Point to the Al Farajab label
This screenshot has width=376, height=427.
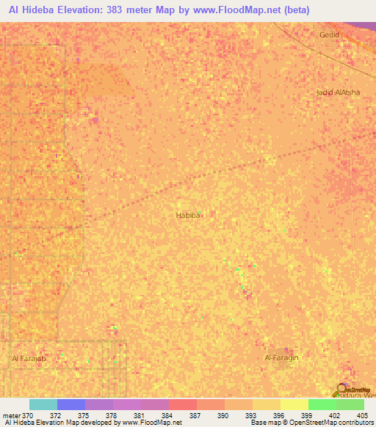29,358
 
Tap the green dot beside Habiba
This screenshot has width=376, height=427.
199,213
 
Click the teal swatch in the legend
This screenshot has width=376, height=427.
43,404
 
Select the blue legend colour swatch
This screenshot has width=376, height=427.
71,404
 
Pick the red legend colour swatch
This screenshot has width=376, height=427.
183,404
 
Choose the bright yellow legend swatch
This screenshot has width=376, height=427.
294,404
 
